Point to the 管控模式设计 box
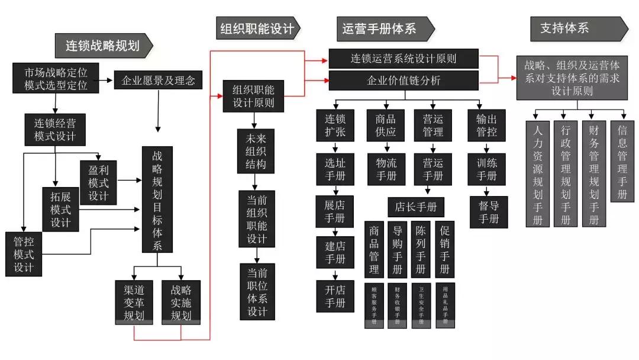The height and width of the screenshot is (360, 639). (x=24, y=253)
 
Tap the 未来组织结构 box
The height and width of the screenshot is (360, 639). (x=256, y=150)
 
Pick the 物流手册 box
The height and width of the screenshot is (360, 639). (x=386, y=168)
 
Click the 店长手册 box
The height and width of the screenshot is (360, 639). (x=415, y=207)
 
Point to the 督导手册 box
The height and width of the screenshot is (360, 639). (x=487, y=211)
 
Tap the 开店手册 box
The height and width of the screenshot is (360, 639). (x=335, y=297)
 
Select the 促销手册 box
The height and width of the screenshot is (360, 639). (x=445, y=249)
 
